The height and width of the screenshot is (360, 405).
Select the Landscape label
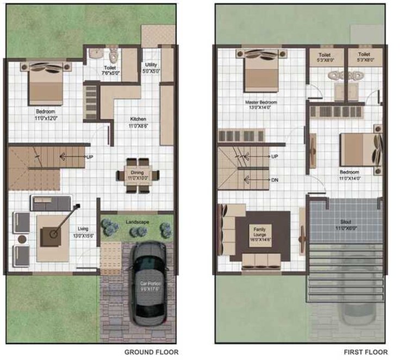click(138, 221)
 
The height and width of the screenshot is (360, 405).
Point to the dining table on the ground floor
click(138, 175)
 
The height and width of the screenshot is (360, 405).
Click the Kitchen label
click(138, 119)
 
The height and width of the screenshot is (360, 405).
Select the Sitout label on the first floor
click(346, 222)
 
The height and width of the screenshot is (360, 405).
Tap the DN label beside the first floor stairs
click(275, 179)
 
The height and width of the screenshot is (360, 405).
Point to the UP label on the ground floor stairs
click(90, 157)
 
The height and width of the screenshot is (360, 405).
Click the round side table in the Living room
click(22, 239)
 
